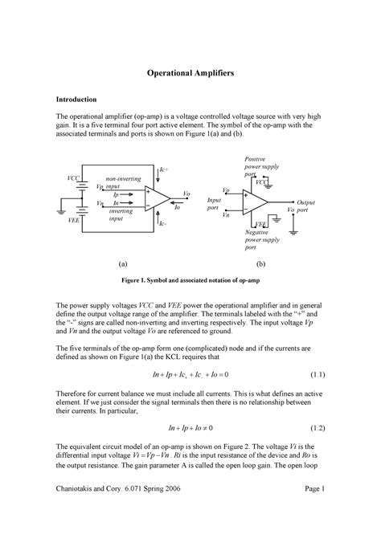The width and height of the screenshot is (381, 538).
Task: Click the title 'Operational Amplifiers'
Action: click(190, 72)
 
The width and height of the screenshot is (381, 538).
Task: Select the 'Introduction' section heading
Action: click(76, 99)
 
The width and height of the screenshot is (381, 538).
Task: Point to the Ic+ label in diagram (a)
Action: click(164, 170)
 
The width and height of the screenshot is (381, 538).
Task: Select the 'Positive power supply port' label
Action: click(261, 167)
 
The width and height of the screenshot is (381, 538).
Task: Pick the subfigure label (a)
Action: click(122, 263)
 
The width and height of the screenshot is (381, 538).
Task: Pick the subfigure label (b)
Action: click(260, 263)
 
